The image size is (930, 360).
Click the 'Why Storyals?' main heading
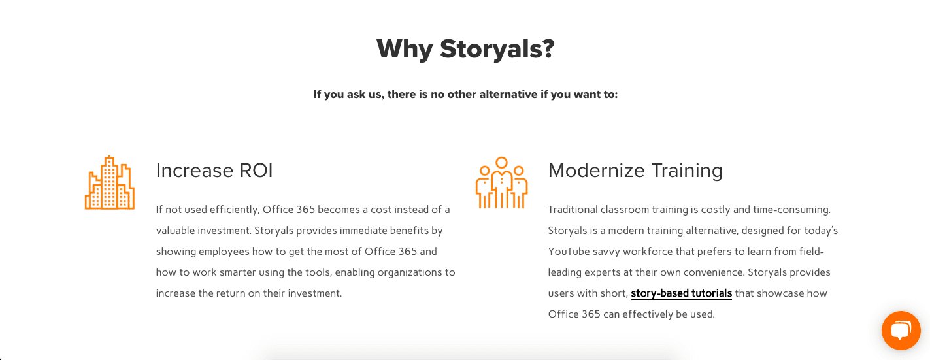[465, 49]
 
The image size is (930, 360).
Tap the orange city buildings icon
[110, 183]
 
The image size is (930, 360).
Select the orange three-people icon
[501, 183]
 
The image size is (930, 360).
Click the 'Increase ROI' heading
[214, 171]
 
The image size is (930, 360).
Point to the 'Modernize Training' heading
[635, 171]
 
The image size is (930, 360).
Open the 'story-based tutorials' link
[681, 293]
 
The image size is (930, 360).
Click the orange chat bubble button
[901, 331]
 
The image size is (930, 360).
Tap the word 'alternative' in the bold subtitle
[508, 94]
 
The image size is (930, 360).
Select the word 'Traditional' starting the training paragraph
[573, 209]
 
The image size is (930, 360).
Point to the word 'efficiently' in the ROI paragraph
[235, 210]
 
